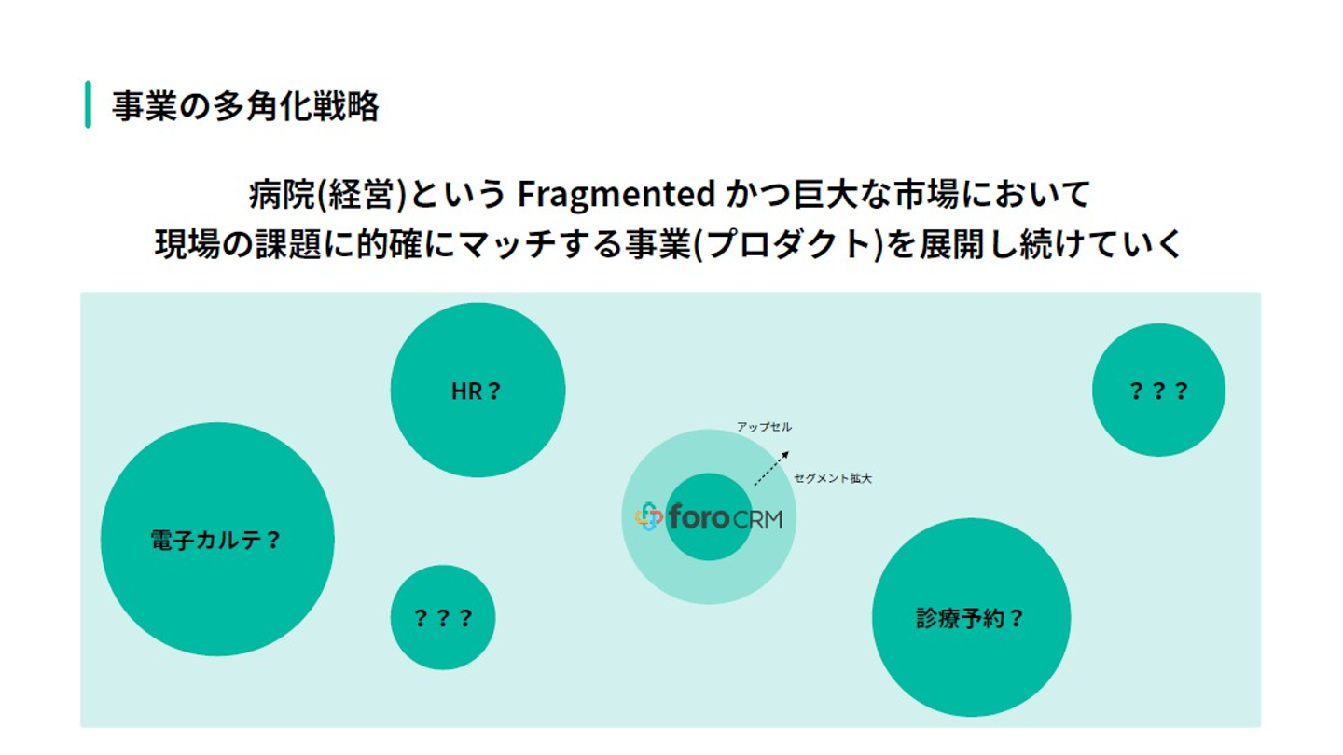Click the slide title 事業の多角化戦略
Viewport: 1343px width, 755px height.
[x=245, y=106]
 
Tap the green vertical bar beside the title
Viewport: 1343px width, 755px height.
[x=88, y=104]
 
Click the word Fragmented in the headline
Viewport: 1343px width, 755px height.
[x=616, y=194]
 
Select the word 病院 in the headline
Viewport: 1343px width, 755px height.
[x=282, y=194]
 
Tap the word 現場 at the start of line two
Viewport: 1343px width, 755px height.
[x=187, y=244]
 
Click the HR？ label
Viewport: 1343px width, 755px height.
[x=476, y=391]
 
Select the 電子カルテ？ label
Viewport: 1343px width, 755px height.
[x=215, y=540]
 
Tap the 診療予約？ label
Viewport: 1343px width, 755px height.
[x=970, y=618]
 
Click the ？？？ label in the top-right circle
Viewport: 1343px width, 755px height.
[x=1158, y=391]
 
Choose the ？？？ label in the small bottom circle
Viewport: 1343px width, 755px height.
[x=443, y=618]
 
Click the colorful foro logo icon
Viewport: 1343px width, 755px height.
[x=649, y=517]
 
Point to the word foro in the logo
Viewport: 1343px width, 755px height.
[x=699, y=516]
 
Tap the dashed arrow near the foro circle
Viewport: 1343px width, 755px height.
[x=771, y=469]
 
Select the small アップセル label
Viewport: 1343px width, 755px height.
[x=764, y=427]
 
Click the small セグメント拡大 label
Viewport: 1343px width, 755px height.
[x=833, y=478]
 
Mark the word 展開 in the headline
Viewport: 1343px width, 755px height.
[x=953, y=244]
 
